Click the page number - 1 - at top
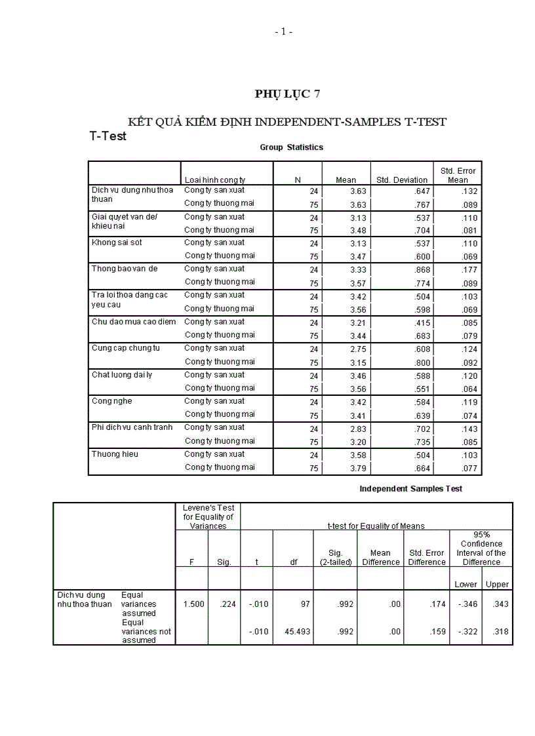click(x=283, y=31)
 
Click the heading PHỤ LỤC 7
click(x=287, y=94)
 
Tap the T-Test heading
click(x=108, y=136)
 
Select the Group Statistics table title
click(x=291, y=147)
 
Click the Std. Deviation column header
click(x=402, y=180)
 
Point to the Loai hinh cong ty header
click(x=215, y=180)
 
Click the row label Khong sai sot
click(x=117, y=242)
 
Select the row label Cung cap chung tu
click(x=125, y=348)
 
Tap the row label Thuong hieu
click(x=115, y=454)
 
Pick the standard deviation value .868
click(x=418, y=270)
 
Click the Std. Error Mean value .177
click(x=469, y=270)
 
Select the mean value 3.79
click(x=358, y=469)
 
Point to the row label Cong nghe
click(x=111, y=401)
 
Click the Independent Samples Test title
click(x=410, y=489)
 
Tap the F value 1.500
click(x=193, y=604)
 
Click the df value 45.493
click(x=298, y=632)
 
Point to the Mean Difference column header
click(x=380, y=557)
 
